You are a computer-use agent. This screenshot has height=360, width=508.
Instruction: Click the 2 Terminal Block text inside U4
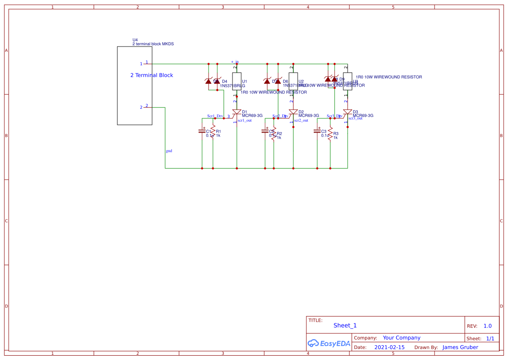pyautogui.click(x=152, y=75)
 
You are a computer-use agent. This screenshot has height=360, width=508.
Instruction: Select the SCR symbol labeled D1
pyautogui.click(x=236, y=113)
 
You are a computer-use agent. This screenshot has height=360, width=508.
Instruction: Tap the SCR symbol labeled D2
pyautogui.click(x=293, y=113)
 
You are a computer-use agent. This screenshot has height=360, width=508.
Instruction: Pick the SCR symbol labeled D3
pyautogui.click(x=347, y=113)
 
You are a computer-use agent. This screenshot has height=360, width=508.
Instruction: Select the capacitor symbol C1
pyautogui.click(x=202, y=131)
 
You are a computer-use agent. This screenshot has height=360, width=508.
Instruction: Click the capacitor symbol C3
pyautogui.click(x=317, y=131)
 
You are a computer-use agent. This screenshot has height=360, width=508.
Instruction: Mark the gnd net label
pyautogui.click(x=169, y=151)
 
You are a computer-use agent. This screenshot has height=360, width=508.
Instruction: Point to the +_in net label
pyautogui.click(x=235, y=62)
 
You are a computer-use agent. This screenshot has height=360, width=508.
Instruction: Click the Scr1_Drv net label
pyautogui.click(x=215, y=116)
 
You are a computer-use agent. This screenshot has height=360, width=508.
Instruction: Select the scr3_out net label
pyautogui.click(x=355, y=118)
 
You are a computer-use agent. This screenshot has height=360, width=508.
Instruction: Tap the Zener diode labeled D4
pyautogui.click(x=217, y=81)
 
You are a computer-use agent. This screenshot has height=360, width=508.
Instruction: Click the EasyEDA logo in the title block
pyautogui.click(x=329, y=343)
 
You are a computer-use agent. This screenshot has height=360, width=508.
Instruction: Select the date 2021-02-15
pyautogui.click(x=389, y=347)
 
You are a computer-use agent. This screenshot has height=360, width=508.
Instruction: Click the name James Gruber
pyautogui.click(x=460, y=347)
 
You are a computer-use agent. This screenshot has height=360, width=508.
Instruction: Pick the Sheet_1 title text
pyautogui.click(x=345, y=325)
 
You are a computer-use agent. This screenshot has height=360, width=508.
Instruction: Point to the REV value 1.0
pyautogui.click(x=488, y=326)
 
